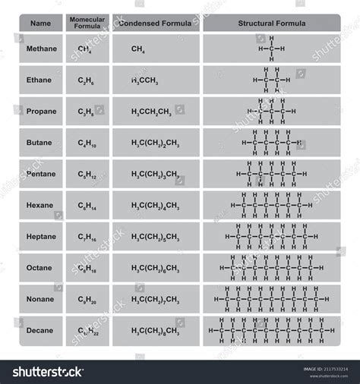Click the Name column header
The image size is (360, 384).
tap(40, 24)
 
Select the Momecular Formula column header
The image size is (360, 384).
tap(87, 23)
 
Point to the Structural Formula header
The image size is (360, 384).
tap(271, 24)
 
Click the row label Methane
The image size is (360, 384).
tap(41, 49)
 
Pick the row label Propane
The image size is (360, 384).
tap(41, 111)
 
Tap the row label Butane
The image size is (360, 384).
tap(41, 143)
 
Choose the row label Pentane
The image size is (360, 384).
tap(41, 174)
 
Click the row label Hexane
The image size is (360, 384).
tap(41, 205)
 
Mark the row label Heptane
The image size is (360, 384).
tap(41, 236)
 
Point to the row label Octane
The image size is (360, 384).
tap(41, 267)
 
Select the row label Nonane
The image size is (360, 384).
tap(41, 299)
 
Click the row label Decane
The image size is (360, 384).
tap(41, 330)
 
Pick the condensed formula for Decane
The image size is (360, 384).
tap(155, 331)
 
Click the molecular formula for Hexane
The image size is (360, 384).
tap(87, 206)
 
